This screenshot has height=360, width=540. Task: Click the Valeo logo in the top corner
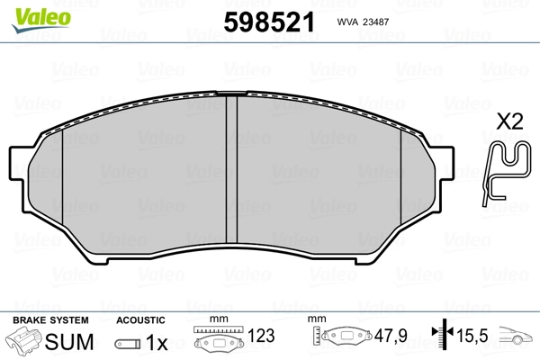tap(41, 20)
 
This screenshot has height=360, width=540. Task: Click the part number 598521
tap(269, 22)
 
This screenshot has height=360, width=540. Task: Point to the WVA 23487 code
tap(363, 22)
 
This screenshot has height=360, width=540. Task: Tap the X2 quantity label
tap(509, 121)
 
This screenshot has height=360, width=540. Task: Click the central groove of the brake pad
tap(232, 169)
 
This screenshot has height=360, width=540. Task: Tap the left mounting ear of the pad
tap(17, 163)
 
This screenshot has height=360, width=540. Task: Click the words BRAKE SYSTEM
tap(50, 320)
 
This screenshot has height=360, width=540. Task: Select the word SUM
tap(69, 342)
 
